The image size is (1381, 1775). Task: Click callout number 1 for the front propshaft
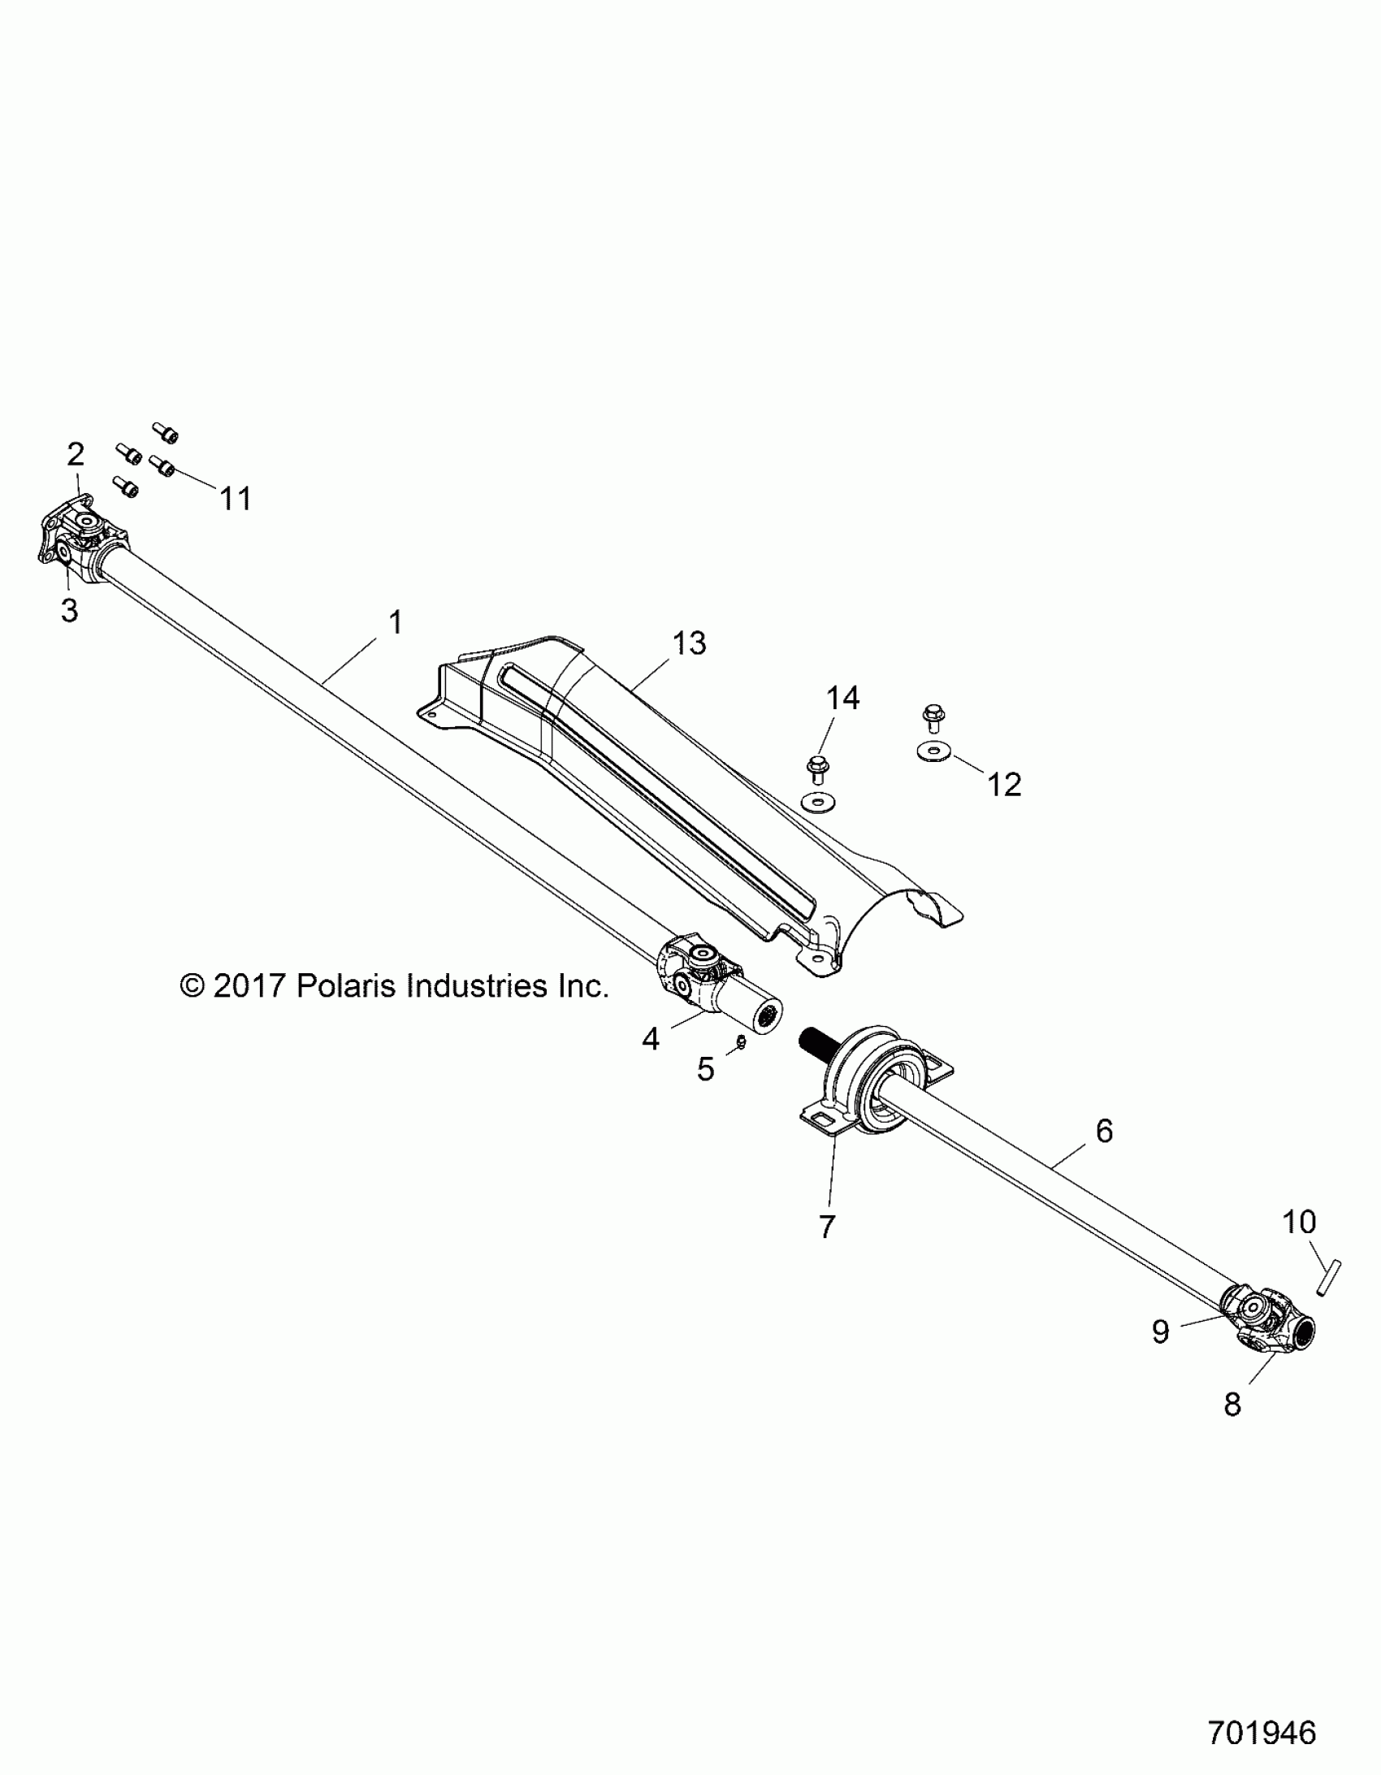click(x=396, y=622)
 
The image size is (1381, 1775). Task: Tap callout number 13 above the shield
click(x=689, y=643)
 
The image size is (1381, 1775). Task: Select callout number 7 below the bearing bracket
click(x=827, y=1227)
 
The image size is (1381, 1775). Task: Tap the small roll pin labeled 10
click(x=1327, y=1279)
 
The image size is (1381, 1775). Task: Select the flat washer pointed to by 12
click(x=933, y=751)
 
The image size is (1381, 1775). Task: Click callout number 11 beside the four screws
click(x=236, y=498)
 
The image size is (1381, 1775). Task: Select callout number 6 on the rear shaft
click(x=1104, y=1131)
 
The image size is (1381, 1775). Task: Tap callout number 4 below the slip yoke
click(x=650, y=1038)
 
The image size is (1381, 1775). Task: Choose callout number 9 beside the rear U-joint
click(x=1160, y=1331)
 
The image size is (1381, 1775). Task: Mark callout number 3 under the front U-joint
click(x=70, y=609)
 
